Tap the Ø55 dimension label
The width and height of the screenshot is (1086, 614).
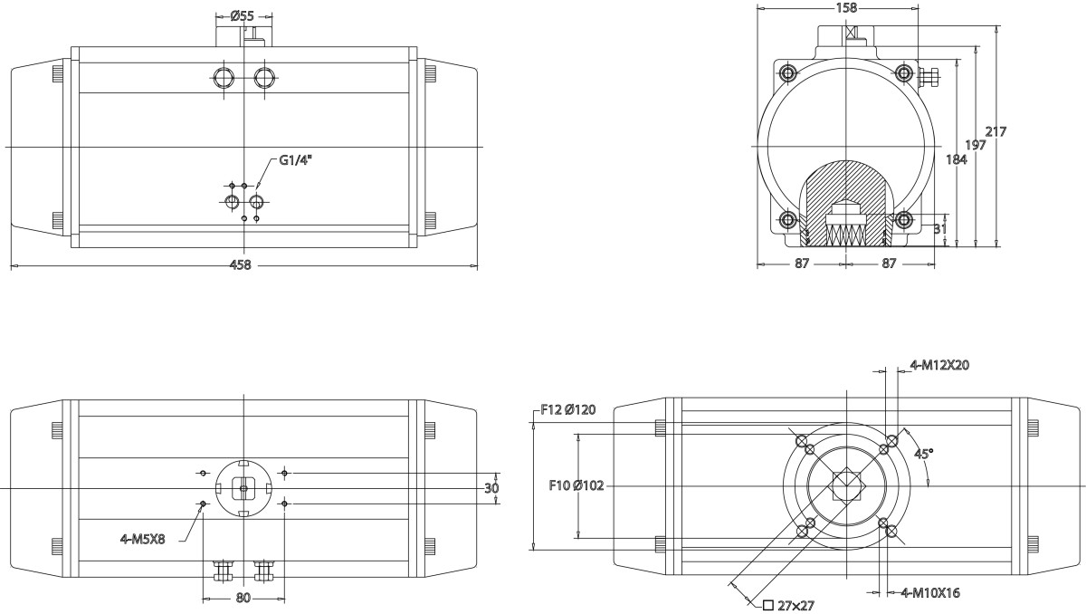pos(242,15)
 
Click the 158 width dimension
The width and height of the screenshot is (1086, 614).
pos(844,8)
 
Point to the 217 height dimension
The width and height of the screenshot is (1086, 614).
pos(996,131)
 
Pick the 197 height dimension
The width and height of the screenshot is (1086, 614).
pos(976,145)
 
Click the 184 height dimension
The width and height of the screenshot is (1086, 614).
pos(956,159)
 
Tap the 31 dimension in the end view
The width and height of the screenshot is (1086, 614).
pos(940,229)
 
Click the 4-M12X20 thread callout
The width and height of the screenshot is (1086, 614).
pos(939,366)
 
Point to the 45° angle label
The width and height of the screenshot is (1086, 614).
pos(924,452)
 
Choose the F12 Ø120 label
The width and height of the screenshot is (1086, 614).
pos(567,409)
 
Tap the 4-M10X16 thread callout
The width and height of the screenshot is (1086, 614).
pos(930,592)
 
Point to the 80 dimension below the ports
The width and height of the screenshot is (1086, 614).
pos(243,598)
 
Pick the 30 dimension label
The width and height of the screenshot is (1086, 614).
pos(492,487)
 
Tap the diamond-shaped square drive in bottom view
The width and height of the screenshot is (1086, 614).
pos(845,486)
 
